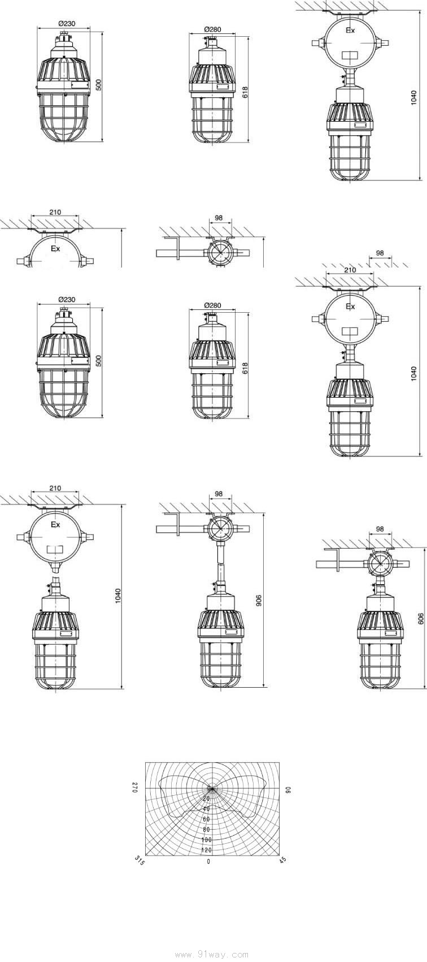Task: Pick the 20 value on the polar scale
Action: tap(206, 799)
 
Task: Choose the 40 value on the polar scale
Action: tap(206, 809)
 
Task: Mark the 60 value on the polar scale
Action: tap(206, 819)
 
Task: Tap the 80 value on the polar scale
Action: tap(206, 829)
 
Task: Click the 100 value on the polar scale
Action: tap(206, 840)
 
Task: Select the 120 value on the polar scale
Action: tap(206, 850)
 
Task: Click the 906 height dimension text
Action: tap(259, 601)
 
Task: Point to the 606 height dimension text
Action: tap(421, 618)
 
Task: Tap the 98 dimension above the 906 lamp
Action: tap(219, 494)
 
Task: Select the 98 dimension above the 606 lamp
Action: tap(380, 529)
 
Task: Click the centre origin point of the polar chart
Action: tap(210, 788)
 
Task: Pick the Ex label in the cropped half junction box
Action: tap(55, 249)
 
